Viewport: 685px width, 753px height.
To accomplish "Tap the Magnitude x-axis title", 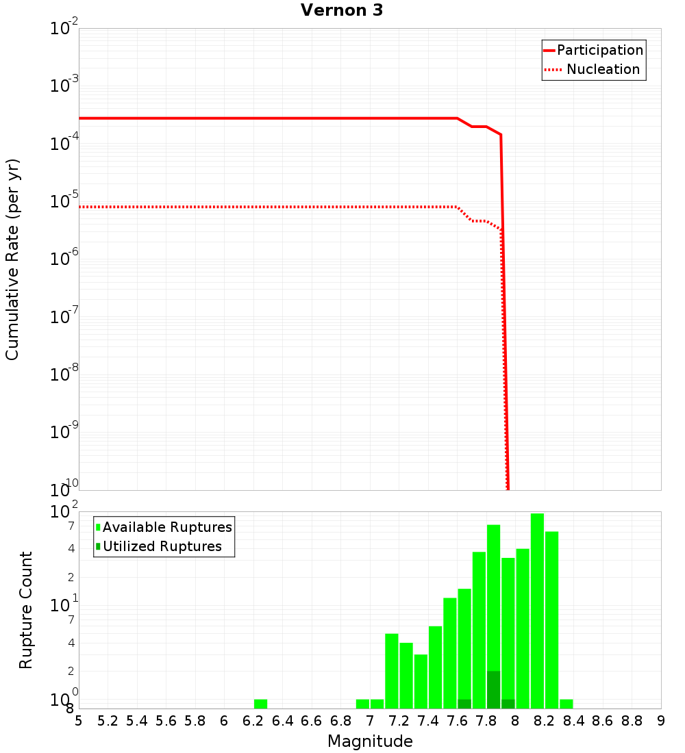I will pos(370,741).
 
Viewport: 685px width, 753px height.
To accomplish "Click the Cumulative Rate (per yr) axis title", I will pos(12,259).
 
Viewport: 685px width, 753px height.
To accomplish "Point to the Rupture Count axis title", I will pos(26,610).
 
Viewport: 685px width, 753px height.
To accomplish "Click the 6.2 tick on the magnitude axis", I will pos(253,721).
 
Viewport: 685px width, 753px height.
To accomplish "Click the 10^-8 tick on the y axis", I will pos(64,374).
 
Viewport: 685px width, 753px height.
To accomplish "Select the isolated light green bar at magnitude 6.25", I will pos(260,704).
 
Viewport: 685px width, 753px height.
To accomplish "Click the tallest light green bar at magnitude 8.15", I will pos(537,611).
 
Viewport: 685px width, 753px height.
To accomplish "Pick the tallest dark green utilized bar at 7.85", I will pos(493,689).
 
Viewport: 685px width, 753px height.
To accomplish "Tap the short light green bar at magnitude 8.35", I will pos(566,704).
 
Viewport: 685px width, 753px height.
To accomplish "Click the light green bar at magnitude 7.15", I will pos(392,671).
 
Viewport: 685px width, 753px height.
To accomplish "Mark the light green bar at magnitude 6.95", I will pos(362,704).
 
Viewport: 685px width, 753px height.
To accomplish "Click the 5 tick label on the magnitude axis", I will pos(79,721).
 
